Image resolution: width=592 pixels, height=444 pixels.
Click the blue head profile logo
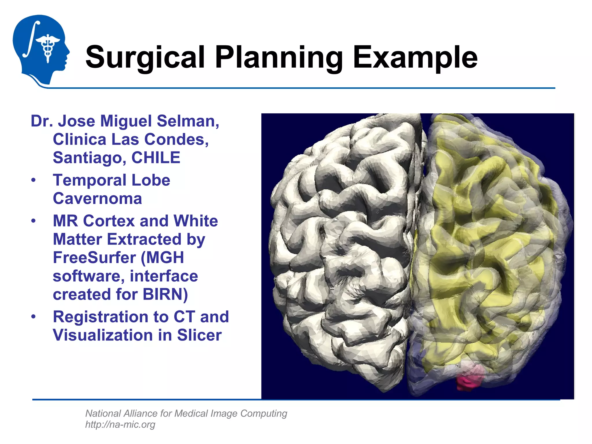[40, 49]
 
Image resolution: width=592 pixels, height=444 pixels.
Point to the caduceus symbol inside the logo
[48, 46]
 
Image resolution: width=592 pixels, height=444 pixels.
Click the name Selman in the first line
[188, 121]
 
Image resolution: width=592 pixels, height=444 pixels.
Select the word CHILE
[156, 158]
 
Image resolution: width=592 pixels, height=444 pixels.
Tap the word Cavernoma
[97, 199]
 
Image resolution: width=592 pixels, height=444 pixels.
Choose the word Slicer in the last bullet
[199, 335]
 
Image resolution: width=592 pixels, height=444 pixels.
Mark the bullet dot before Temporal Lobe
[34, 180]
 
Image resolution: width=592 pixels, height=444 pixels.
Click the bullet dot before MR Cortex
[34, 221]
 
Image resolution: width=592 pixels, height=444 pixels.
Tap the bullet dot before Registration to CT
[34, 317]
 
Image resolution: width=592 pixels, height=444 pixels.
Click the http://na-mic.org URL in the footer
[120, 424]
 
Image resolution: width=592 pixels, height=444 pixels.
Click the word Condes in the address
[176, 140]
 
